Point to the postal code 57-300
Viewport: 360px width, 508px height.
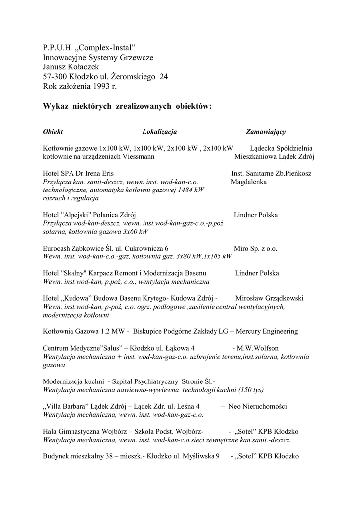point(57,77)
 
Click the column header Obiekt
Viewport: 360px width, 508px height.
point(53,132)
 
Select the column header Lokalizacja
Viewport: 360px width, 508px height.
point(159,132)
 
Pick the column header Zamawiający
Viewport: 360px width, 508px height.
point(265,132)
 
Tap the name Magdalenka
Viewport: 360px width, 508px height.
point(249,182)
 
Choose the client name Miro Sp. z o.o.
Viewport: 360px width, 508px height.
point(255,248)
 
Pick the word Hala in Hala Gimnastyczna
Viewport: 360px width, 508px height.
point(50,431)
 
